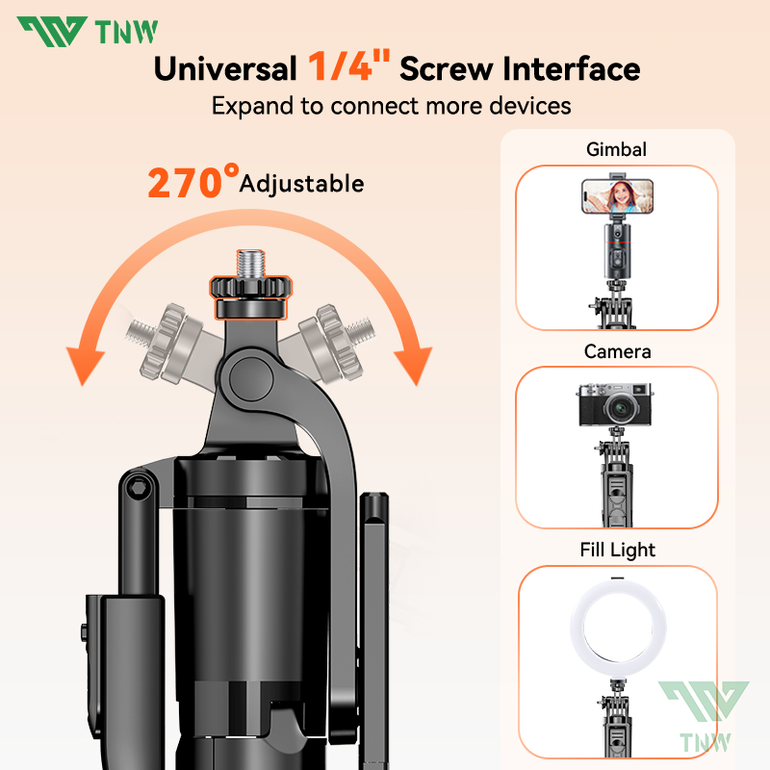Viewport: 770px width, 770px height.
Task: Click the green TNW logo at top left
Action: [88, 32]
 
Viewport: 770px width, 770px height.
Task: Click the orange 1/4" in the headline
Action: [349, 65]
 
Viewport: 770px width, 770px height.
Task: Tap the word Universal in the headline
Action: [225, 68]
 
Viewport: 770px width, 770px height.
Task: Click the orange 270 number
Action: [186, 183]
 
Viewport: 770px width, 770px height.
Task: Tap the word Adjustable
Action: [301, 185]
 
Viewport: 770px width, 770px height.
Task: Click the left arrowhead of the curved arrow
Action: [85, 366]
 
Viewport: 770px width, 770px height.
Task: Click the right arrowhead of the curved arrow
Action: [414, 366]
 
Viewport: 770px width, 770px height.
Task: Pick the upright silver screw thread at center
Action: [251, 264]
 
